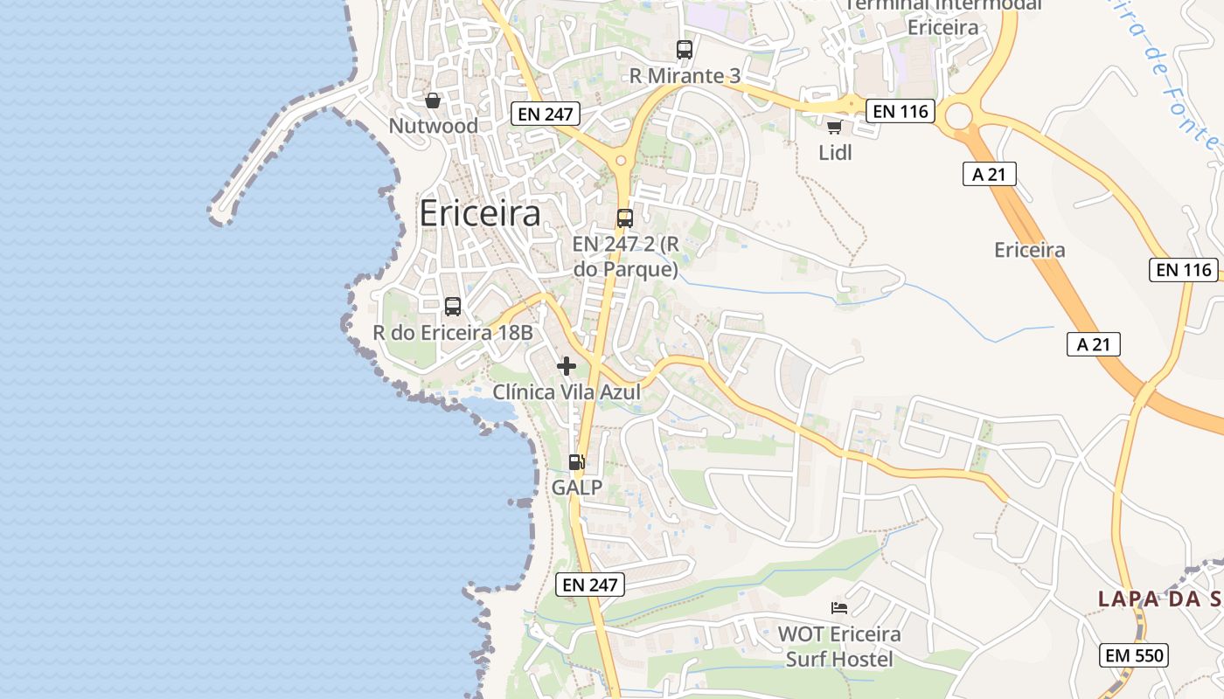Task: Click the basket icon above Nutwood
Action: [432, 100]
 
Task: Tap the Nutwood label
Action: [434, 126]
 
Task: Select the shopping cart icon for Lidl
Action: [834, 128]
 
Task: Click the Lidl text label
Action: [835, 153]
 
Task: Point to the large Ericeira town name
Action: [480, 213]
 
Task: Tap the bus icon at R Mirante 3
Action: [684, 50]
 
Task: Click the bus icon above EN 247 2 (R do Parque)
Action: [624, 218]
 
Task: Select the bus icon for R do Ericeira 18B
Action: [453, 307]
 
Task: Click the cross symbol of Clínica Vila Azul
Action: [567, 366]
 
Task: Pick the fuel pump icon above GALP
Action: [576, 462]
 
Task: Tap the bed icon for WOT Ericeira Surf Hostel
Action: [839, 607]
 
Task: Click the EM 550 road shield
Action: [1134, 654]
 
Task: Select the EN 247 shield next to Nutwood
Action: [546, 114]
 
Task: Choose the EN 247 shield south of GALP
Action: [590, 585]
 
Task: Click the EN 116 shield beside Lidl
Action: [901, 111]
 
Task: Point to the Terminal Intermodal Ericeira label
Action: [942, 15]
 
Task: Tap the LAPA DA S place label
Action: [1159, 599]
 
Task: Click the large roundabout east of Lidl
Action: [959, 115]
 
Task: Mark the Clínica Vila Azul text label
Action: [567, 392]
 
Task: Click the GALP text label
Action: [577, 487]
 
